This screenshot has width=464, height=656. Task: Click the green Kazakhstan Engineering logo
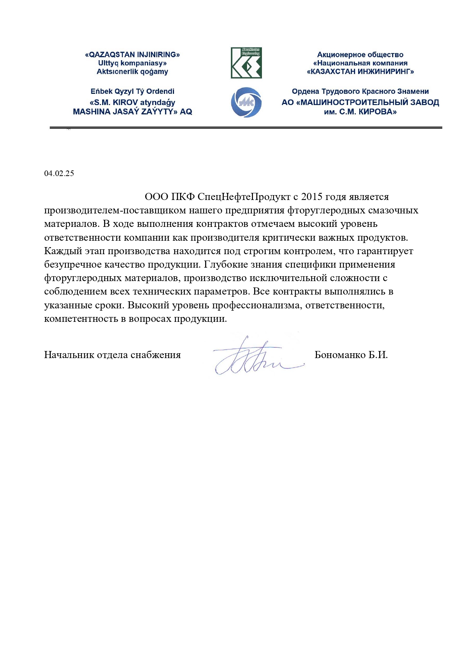[x=246, y=63]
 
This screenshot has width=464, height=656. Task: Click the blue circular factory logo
[x=246, y=102]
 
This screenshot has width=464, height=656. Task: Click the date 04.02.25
[x=59, y=173]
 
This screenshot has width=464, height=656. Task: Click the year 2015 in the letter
[x=312, y=197]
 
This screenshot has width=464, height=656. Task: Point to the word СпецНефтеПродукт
[x=244, y=197]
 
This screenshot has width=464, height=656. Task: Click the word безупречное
[x=69, y=265]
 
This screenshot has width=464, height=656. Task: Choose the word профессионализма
[x=257, y=305]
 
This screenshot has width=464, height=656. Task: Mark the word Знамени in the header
[x=414, y=92]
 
